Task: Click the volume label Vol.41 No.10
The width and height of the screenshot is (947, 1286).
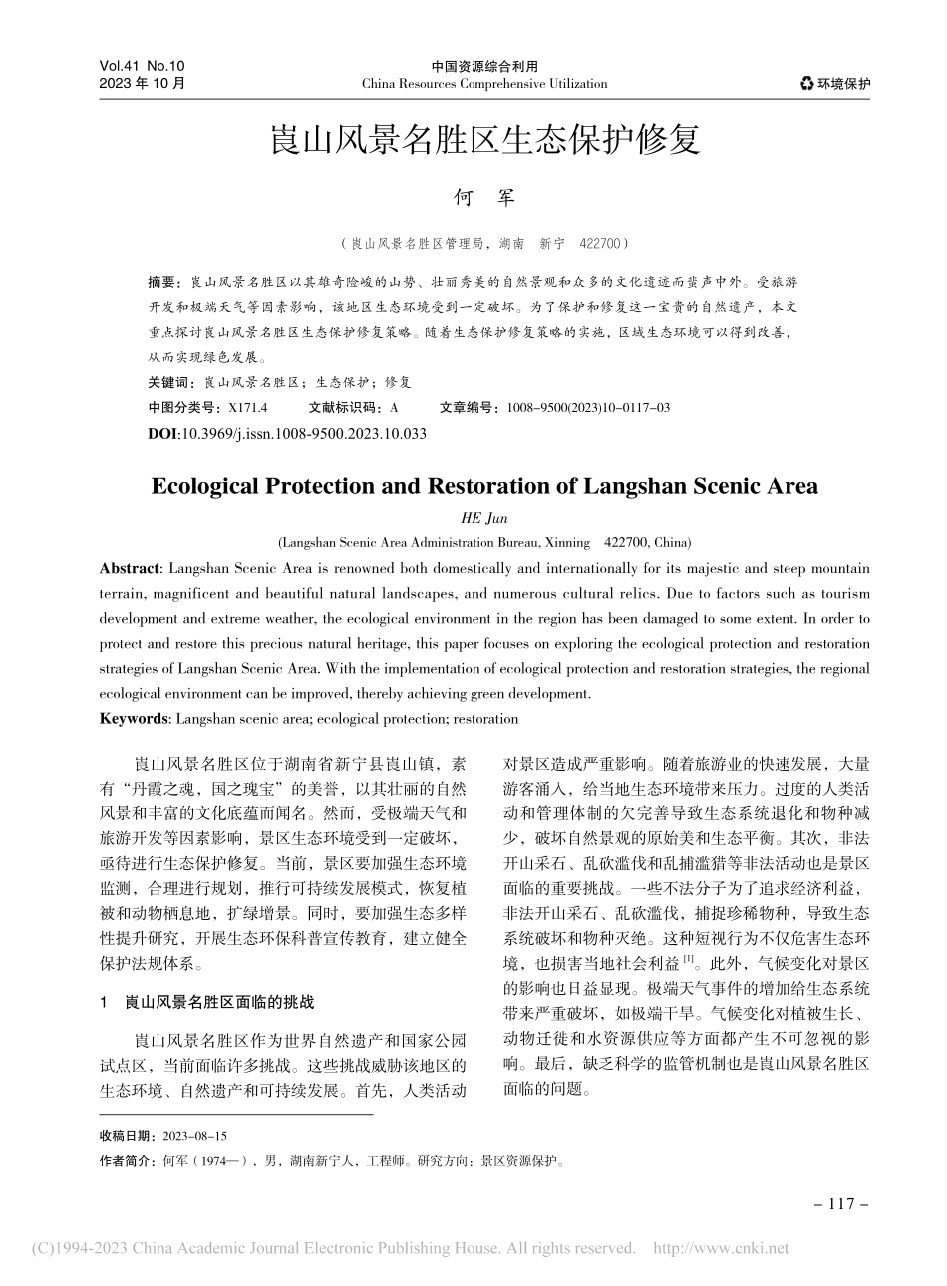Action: [143, 66]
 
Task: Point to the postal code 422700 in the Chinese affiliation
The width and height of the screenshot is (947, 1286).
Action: [600, 243]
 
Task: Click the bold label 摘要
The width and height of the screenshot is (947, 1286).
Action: [161, 282]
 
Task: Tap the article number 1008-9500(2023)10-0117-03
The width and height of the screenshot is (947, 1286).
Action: [588, 407]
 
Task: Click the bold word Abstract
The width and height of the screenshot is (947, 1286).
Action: [131, 569]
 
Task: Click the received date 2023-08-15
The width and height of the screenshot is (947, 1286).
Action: [193, 1136]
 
